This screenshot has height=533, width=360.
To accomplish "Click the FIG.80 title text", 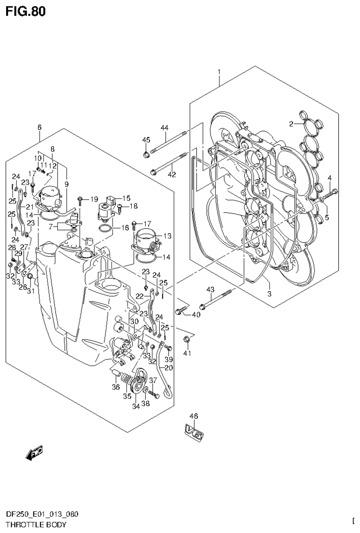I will click(26, 12).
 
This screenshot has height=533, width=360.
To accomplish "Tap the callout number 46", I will click(194, 416).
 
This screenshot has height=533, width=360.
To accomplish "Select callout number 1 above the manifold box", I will click(218, 72).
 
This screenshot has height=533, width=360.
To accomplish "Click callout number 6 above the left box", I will click(39, 127).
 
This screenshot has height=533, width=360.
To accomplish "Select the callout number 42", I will click(172, 174).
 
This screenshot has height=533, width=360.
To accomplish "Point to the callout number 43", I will click(210, 289).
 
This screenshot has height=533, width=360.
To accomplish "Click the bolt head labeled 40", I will click(179, 310).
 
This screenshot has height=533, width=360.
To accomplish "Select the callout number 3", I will click(269, 293).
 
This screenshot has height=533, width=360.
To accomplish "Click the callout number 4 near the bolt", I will click(330, 178).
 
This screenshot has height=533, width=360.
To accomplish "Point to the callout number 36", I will click(115, 387).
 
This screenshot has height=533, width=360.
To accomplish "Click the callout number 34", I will click(136, 406).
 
